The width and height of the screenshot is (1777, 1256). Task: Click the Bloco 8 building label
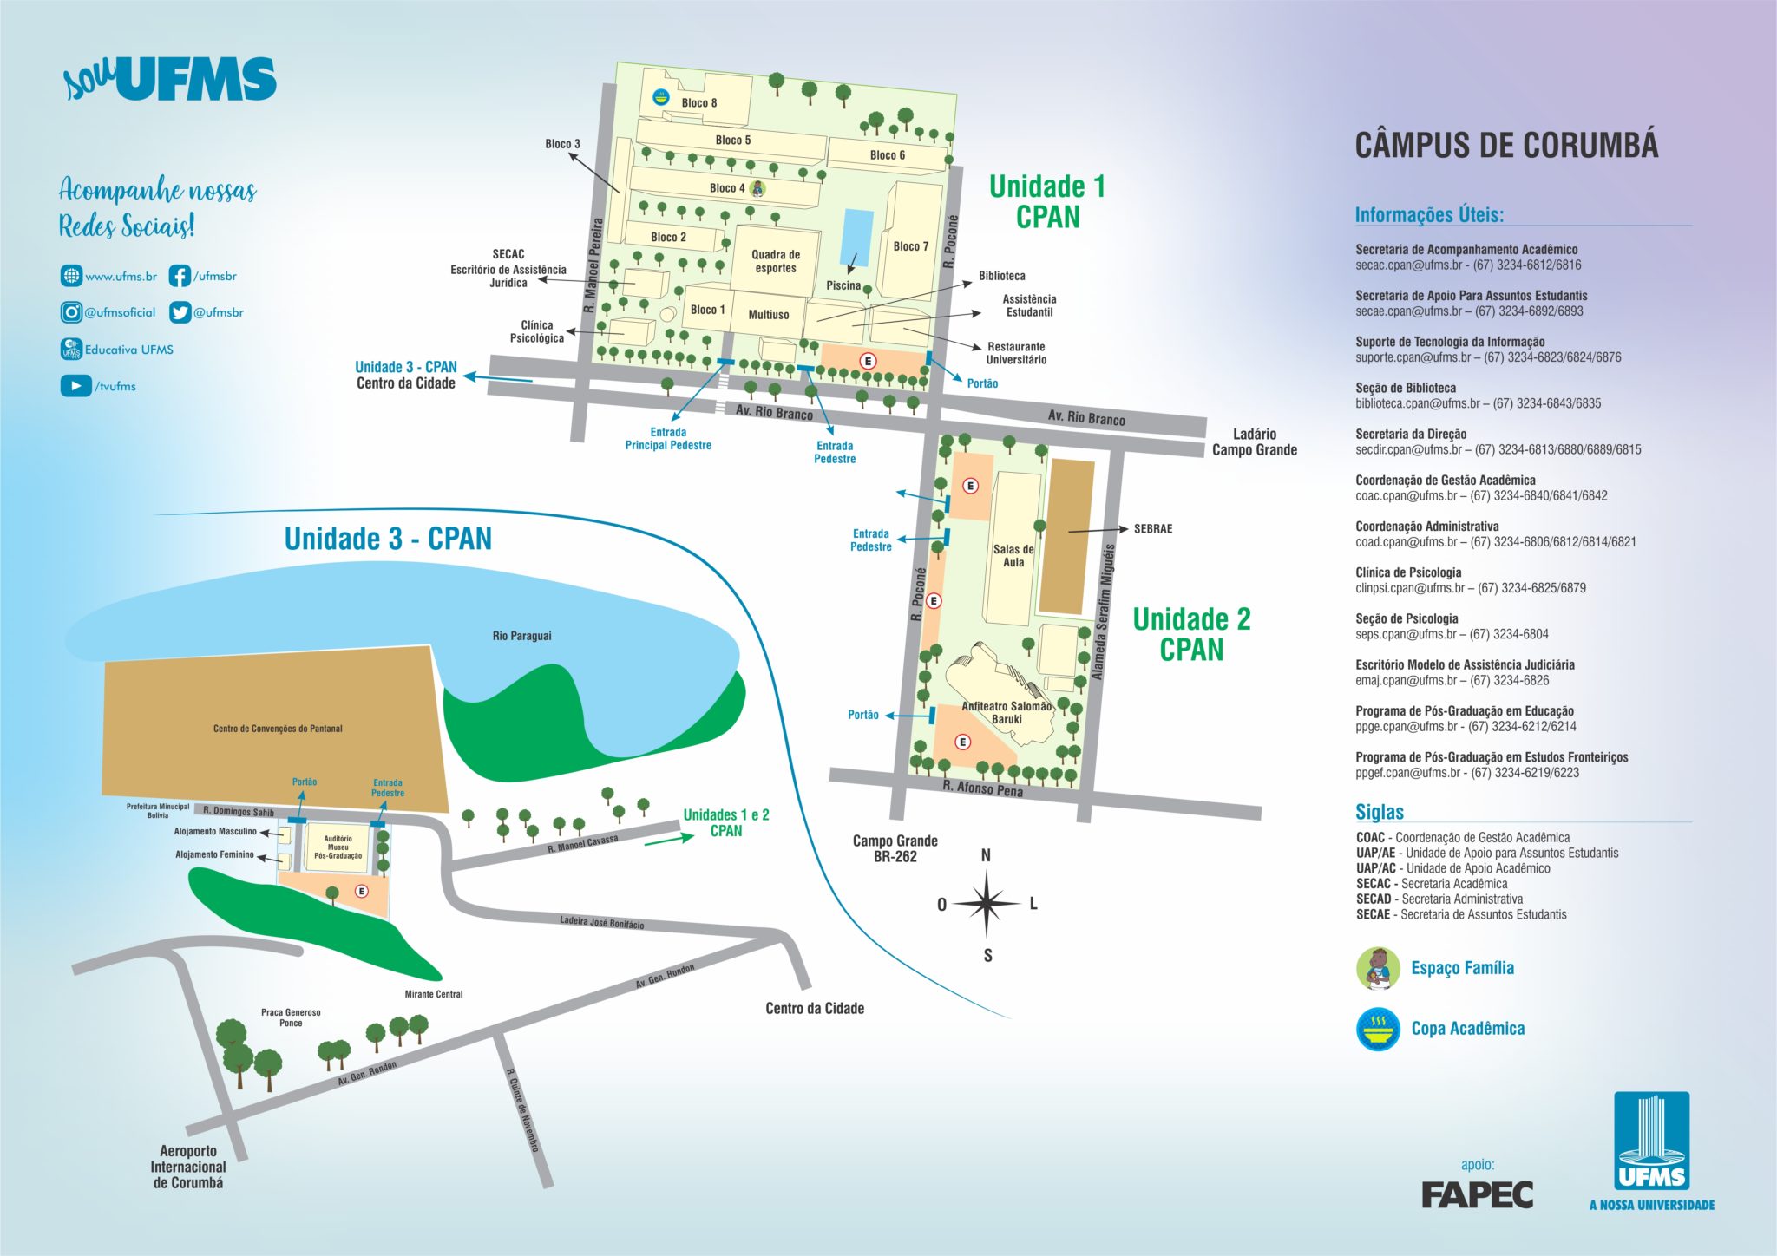point(698,103)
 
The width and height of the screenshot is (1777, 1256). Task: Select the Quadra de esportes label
point(776,261)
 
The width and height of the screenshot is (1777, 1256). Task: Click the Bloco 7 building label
point(910,246)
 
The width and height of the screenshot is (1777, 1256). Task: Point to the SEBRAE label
point(1152,529)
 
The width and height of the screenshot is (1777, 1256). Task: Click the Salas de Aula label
point(1013,556)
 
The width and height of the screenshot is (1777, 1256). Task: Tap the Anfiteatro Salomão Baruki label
point(1007,712)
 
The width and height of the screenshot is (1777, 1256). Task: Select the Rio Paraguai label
point(521,636)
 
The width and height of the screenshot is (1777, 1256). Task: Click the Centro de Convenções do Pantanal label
point(278,729)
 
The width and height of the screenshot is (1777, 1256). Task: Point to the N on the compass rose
point(986,856)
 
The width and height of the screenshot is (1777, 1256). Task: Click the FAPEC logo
point(1477,1194)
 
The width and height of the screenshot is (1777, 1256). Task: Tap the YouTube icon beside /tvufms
point(75,385)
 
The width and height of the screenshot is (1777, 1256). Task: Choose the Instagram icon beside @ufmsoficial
point(71,312)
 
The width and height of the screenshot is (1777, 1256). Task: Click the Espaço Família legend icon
point(1378,968)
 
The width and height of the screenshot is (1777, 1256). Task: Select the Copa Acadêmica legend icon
point(1378,1029)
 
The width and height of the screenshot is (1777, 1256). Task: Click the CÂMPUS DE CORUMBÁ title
point(1506,145)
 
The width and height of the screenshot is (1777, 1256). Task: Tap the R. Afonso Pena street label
point(982,788)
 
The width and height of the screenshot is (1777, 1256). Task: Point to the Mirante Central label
point(434,994)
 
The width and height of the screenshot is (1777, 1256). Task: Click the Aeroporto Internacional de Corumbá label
point(188,1167)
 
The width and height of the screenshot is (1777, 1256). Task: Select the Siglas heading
point(1379,812)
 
